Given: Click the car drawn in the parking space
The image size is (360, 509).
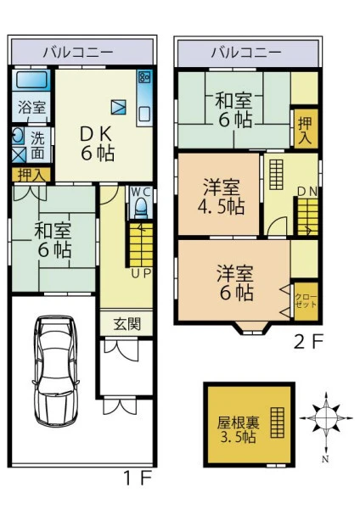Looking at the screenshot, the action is click(55, 371).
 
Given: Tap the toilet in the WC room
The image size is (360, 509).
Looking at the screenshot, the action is click(141, 209).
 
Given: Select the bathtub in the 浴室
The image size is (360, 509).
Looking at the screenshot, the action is click(31, 80).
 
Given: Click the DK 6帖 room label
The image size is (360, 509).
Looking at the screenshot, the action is click(97, 143).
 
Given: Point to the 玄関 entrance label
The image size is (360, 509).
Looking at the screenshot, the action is click(127, 324).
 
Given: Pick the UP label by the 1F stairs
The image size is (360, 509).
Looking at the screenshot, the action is click(141, 274).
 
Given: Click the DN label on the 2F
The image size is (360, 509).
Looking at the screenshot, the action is click(307, 192).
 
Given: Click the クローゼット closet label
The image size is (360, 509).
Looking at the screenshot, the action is click(306, 301).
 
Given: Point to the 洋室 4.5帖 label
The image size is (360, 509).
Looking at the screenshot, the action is click(222, 196).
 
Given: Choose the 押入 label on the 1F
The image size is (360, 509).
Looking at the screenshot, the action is click(31, 176).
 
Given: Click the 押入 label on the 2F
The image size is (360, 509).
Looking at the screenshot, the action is click(305, 129).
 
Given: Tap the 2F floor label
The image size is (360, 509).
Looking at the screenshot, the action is click(308, 342).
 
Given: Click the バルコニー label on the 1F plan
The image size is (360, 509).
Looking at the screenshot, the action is click(78, 52).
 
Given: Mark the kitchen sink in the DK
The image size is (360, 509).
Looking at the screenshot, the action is click(144, 115).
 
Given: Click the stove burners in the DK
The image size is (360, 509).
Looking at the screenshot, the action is click(144, 76).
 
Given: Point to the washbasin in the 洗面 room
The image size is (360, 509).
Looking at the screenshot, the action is click(17, 136).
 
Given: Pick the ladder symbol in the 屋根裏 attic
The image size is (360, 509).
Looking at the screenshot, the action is click(278, 422).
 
